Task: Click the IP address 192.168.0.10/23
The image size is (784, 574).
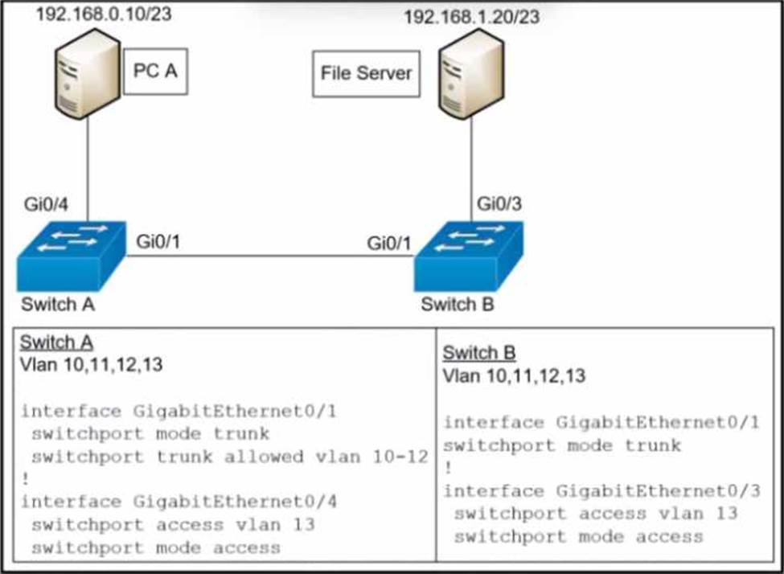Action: [104, 14]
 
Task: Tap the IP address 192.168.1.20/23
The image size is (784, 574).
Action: [471, 17]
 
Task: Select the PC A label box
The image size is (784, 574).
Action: [155, 71]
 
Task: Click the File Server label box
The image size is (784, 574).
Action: [366, 73]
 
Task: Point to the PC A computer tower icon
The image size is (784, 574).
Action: [87, 73]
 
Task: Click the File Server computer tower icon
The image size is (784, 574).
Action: [471, 73]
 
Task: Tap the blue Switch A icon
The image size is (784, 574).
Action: [71, 256]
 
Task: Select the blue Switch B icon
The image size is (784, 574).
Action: [469, 256]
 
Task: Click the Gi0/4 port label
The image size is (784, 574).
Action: [46, 205]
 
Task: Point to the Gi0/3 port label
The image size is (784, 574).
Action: [499, 204]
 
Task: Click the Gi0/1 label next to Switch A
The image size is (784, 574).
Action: [158, 242]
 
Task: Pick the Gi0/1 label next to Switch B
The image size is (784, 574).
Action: [389, 244]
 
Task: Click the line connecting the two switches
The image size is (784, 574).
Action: [270, 256]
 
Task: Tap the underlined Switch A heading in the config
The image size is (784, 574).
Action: [56, 342]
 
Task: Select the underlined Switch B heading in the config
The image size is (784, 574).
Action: [479, 353]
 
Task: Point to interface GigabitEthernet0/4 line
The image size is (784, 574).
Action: [179, 502]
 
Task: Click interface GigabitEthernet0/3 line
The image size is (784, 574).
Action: [601, 491]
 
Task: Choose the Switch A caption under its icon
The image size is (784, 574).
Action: [58, 304]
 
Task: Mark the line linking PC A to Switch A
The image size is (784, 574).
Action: [88, 170]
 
